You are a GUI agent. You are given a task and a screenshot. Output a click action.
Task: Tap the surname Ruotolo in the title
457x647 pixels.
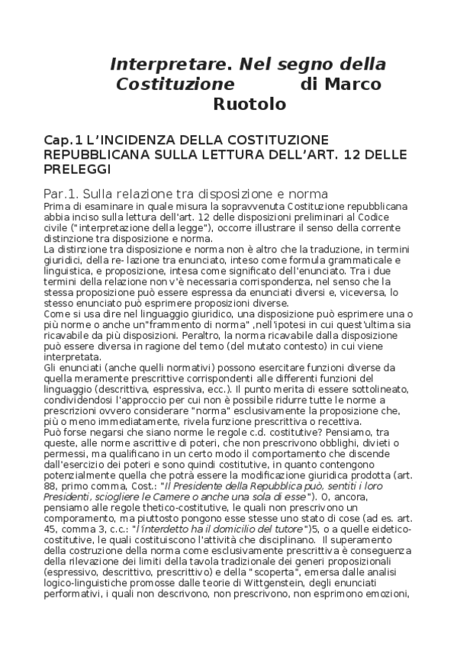point(249,103)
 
